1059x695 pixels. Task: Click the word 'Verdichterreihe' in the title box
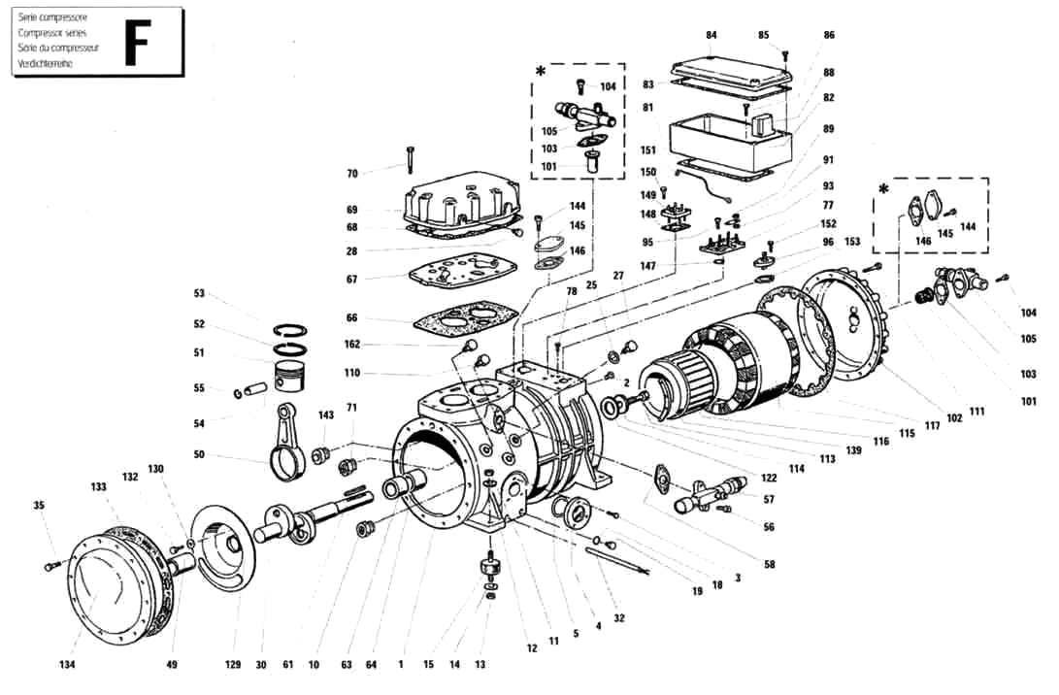(46, 63)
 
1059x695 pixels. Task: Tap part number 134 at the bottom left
(67, 665)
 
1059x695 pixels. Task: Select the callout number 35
(39, 506)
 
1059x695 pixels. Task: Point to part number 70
(352, 174)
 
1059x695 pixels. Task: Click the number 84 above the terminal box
(712, 35)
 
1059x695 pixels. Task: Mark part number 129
(233, 665)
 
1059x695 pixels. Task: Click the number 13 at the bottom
(480, 665)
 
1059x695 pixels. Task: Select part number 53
(200, 293)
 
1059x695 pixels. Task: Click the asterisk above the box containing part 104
(541, 71)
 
